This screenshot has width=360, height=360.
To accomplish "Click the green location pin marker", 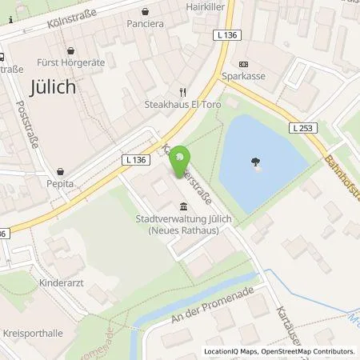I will pos(183,157).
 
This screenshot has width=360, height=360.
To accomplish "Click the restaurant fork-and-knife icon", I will pos(182,92).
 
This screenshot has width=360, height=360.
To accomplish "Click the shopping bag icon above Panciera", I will pos(145,11).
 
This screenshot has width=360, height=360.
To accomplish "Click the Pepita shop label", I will pos(60,183).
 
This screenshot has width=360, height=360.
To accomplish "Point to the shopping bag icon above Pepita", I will pos(60,170).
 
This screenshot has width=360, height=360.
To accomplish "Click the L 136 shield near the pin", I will pos(137,160).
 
